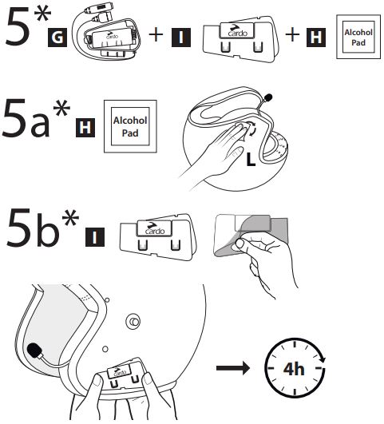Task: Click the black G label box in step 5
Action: (57, 38)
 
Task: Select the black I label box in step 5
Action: (181, 38)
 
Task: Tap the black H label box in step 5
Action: (316, 38)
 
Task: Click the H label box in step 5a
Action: (85, 128)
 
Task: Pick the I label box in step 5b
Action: (95, 237)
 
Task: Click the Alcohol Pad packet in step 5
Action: (358, 37)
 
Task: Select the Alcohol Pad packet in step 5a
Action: (130, 126)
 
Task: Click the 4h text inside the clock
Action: (294, 369)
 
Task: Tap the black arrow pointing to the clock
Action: (233, 368)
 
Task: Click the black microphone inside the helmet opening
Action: (34, 351)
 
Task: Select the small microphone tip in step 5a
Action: (268, 97)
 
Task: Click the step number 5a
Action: (26, 118)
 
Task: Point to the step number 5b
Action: (33, 228)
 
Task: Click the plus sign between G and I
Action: (156, 34)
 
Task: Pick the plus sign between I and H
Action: (292, 34)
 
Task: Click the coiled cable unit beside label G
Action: (108, 32)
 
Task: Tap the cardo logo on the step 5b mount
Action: (155, 228)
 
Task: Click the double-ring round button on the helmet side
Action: (133, 321)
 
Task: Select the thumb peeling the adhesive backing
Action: (239, 244)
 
